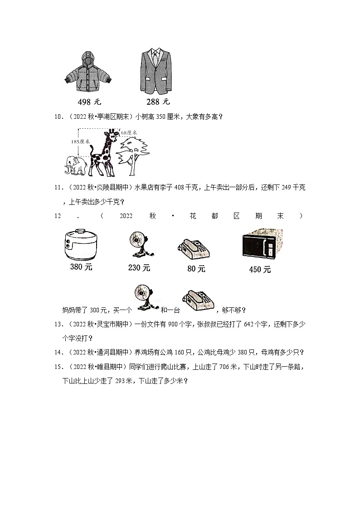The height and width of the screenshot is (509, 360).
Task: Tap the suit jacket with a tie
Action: pyautogui.click(x=156, y=70)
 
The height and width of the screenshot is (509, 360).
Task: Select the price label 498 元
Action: pyautogui.click(x=88, y=102)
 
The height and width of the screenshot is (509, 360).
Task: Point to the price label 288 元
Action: pyautogui.click(x=158, y=102)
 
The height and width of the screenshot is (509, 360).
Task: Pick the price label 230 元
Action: pyautogui.click(x=139, y=268)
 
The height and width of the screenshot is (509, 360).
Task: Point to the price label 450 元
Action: pyautogui.click(x=260, y=270)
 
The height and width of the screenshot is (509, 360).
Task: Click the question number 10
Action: pyautogui.click(x=58, y=117)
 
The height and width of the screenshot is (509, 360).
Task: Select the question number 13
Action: pyautogui.click(x=58, y=324)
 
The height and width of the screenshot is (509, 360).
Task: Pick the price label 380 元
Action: pyautogui.click(x=81, y=267)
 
